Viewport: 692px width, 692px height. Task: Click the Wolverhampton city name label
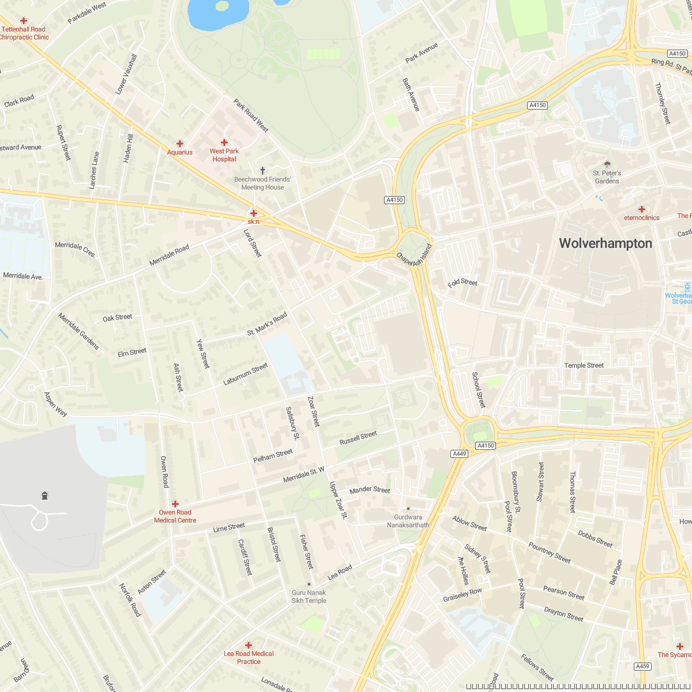[x=605, y=243]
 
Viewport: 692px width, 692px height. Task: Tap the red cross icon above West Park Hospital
[x=224, y=142]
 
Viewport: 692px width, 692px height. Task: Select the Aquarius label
[x=179, y=152]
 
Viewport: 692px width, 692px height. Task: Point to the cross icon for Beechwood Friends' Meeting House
[x=263, y=171]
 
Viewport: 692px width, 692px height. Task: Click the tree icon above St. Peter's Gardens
[x=607, y=164]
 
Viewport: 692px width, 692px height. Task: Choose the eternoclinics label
[x=641, y=218]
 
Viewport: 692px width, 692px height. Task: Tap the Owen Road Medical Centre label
[x=175, y=516]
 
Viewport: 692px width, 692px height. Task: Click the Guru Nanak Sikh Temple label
[x=309, y=596]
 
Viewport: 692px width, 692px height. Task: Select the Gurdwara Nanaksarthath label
[x=408, y=521]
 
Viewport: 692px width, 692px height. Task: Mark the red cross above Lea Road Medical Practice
[x=249, y=645]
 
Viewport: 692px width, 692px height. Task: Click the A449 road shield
[x=459, y=454]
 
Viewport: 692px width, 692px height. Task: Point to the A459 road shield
[x=642, y=666]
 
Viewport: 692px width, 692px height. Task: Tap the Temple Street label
[x=584, y=366]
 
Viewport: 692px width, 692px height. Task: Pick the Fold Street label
[x=462, y=283]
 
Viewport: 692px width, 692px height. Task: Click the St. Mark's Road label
[x=267, y=324]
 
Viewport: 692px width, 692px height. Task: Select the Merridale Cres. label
[x=76, y=249]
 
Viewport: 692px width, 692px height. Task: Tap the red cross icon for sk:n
[x=253, y=213]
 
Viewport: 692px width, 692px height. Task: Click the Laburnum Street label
[x=246, y=374]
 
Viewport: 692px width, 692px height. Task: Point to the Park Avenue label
[x=422, y=53]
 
